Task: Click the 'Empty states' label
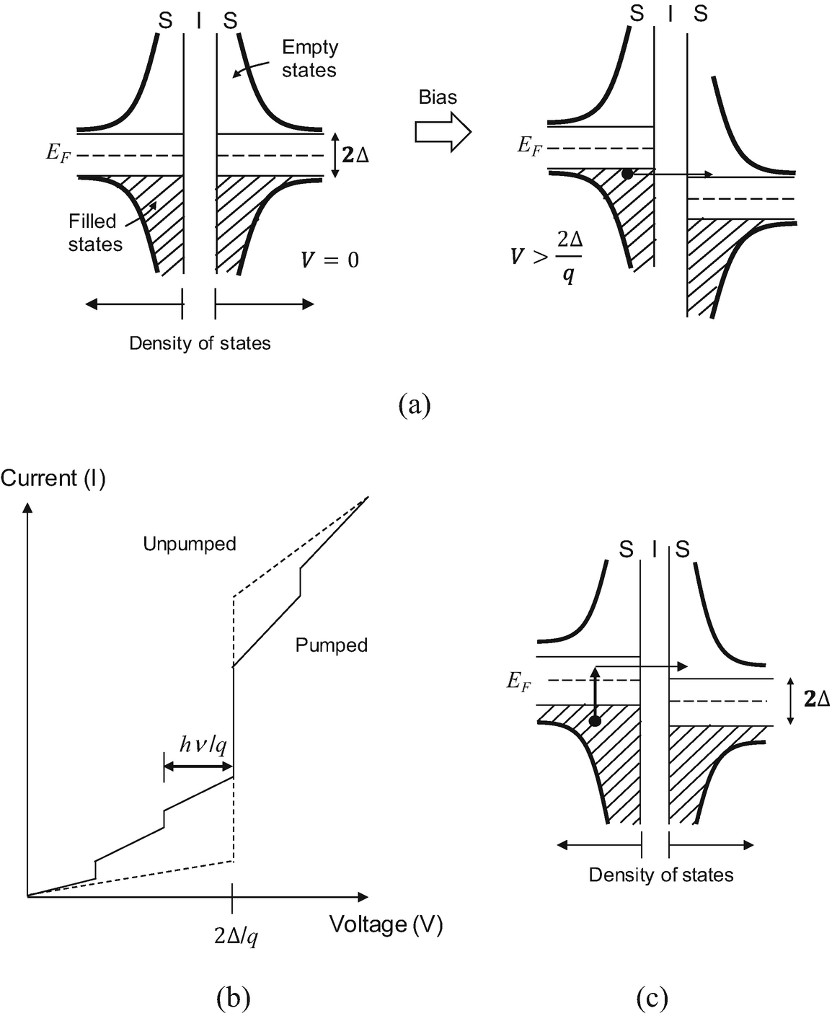point(309,58)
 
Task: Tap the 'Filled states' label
point(95,233)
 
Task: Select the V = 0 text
point(329,259)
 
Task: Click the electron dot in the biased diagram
point(627,175)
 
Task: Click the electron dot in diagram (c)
point(595,721)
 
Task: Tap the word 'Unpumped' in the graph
point(190,544)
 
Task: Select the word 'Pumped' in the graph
point(332,645)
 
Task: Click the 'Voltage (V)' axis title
point(386,924)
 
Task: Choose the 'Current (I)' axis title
point(53,479)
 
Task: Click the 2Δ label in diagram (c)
point(816,699)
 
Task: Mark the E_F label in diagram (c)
point(518,681)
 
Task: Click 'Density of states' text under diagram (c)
point(661,875)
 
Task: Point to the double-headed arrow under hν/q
point(198,766)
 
